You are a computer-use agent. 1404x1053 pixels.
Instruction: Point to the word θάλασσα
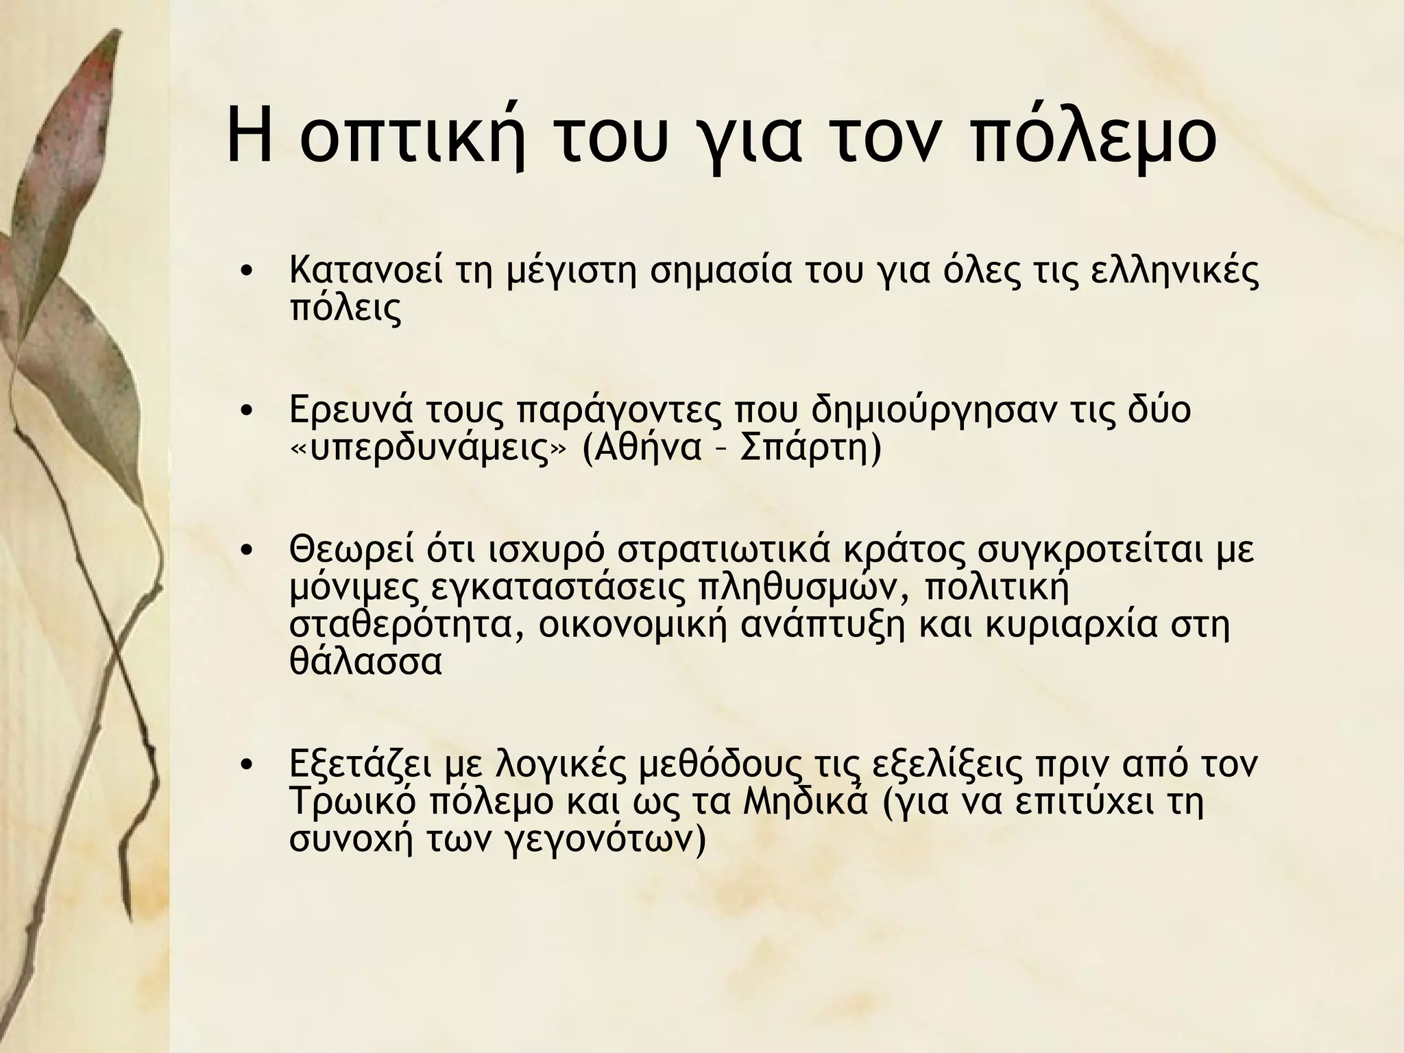[365, 662]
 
